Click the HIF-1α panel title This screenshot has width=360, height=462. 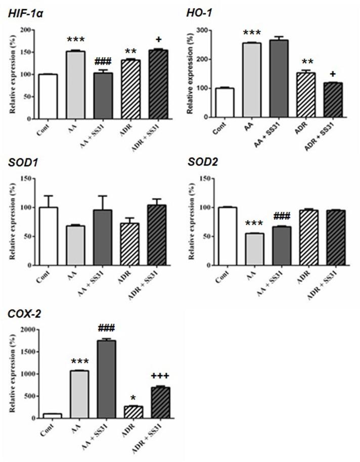tap(25, 14)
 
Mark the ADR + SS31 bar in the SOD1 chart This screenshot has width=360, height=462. tap(158, 235)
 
